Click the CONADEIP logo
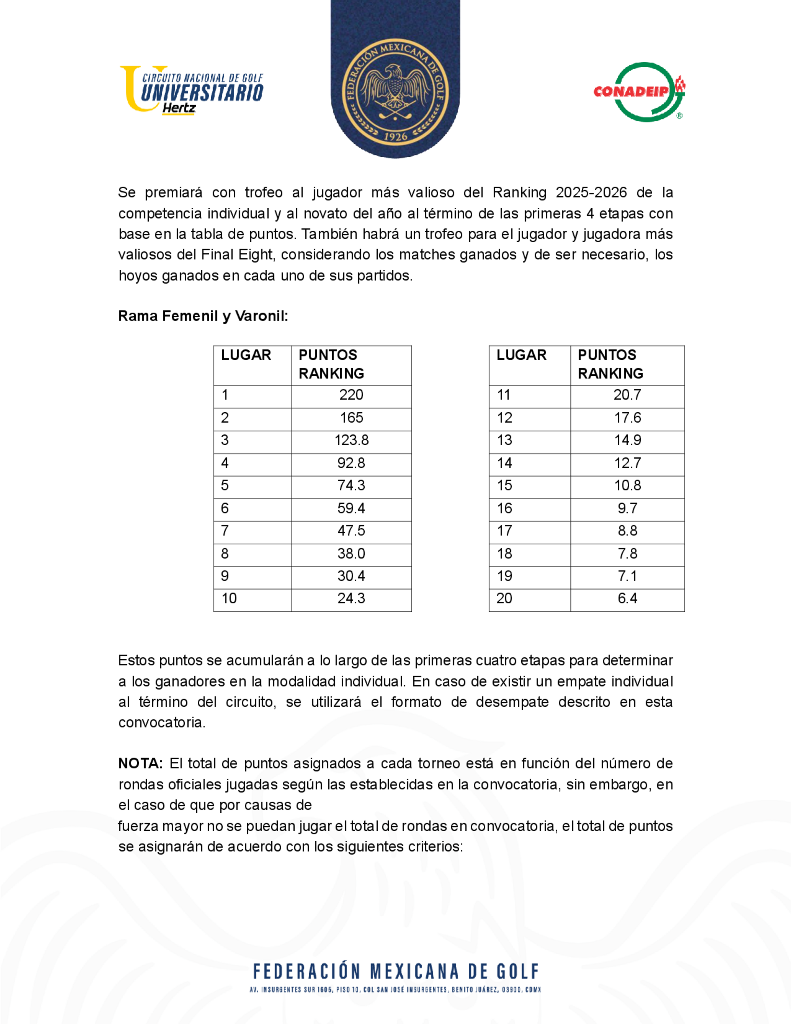tap(639, 92)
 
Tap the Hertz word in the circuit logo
tap(178, 108)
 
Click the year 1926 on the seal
tap(395, 137)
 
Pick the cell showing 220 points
tap(351, 395)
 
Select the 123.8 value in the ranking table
tap(351, 440)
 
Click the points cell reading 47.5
tap(351, 531)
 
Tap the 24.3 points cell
tap(351, 598)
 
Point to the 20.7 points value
tap(627, 395)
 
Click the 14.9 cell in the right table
tap(627, 440)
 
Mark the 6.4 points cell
tap(627, 598)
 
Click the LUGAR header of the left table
tap(246, 355)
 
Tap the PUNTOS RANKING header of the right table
tap(610, 364)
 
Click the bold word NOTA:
tap(140, 763)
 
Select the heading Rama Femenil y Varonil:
tap(203, 316)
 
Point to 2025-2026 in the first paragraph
tap(591, 193)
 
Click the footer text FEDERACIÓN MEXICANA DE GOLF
tap(396, 972)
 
